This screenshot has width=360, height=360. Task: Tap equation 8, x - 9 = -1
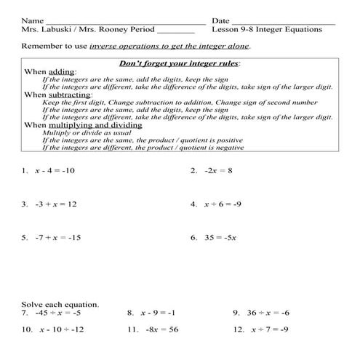point(157,313)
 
